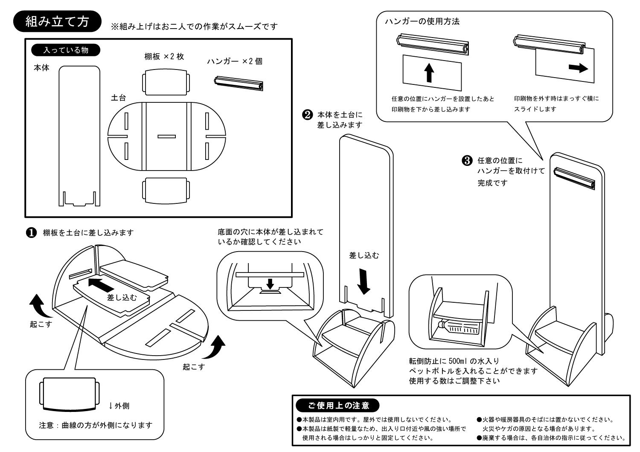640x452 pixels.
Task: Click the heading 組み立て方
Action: point(57,22)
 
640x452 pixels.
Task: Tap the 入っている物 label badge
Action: point(66,50)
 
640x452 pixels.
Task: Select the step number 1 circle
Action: point(31,233)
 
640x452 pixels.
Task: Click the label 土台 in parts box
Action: point(118,98)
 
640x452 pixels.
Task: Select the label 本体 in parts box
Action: point(41,68)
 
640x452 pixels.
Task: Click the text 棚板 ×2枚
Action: point(164,57)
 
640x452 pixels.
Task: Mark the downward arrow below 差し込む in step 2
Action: point(364,281)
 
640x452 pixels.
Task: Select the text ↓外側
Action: point(119,406)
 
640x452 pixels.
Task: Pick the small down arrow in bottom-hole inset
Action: point(270,284)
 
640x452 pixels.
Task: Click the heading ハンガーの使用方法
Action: point(422,21)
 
